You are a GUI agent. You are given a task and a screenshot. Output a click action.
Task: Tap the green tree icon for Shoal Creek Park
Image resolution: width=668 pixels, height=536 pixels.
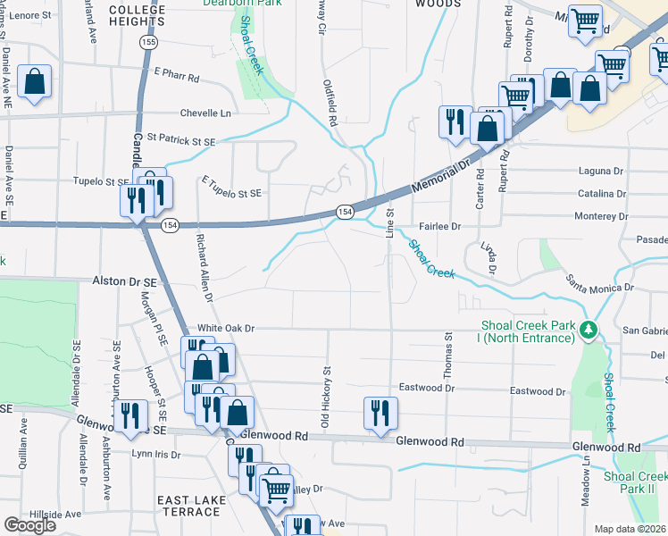pos(588,331)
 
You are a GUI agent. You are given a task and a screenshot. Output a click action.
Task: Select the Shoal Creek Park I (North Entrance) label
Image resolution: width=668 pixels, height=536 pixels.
pos(527,331)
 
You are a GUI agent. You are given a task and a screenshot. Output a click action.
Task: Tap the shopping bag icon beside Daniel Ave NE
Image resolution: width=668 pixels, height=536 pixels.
pos(34,81)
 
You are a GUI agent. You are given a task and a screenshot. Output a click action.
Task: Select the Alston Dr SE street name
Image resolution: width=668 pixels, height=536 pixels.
pos(124,281)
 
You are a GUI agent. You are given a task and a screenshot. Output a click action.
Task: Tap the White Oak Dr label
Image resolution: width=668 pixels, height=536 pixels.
pos(226,329)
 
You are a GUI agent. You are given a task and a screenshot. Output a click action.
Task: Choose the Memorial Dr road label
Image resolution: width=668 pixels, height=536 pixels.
pos(440,176)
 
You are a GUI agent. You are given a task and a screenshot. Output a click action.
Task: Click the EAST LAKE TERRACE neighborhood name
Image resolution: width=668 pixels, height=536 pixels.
pos(188,505)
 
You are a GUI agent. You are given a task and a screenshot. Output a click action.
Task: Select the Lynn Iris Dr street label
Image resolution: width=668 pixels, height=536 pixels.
pos(156,454)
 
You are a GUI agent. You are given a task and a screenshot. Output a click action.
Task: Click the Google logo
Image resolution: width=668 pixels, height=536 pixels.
pos(29,524)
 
